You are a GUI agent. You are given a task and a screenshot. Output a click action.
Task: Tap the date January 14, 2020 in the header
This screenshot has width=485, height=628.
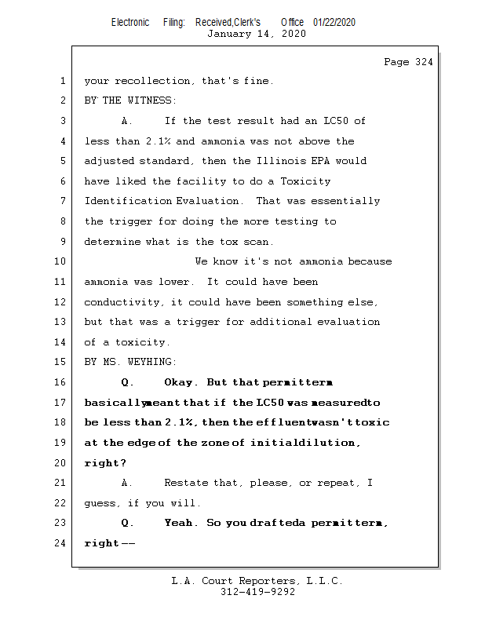click(256, 34)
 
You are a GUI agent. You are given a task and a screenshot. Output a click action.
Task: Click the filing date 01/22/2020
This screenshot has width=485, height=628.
click(334, 22)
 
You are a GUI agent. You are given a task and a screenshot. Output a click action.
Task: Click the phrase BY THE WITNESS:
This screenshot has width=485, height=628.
click(130, 100)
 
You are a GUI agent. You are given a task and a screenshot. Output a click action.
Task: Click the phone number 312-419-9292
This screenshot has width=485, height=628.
click(257, 592)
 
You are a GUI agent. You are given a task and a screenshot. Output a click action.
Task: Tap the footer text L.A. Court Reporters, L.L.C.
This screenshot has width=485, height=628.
click(257, 581)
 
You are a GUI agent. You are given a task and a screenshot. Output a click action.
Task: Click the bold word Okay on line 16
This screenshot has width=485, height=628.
click(181, 382)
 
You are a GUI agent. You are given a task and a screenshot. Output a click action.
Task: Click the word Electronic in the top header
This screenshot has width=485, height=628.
click(130, 22)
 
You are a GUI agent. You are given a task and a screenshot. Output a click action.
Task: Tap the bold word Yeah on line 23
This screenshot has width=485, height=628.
click(181, 523)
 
